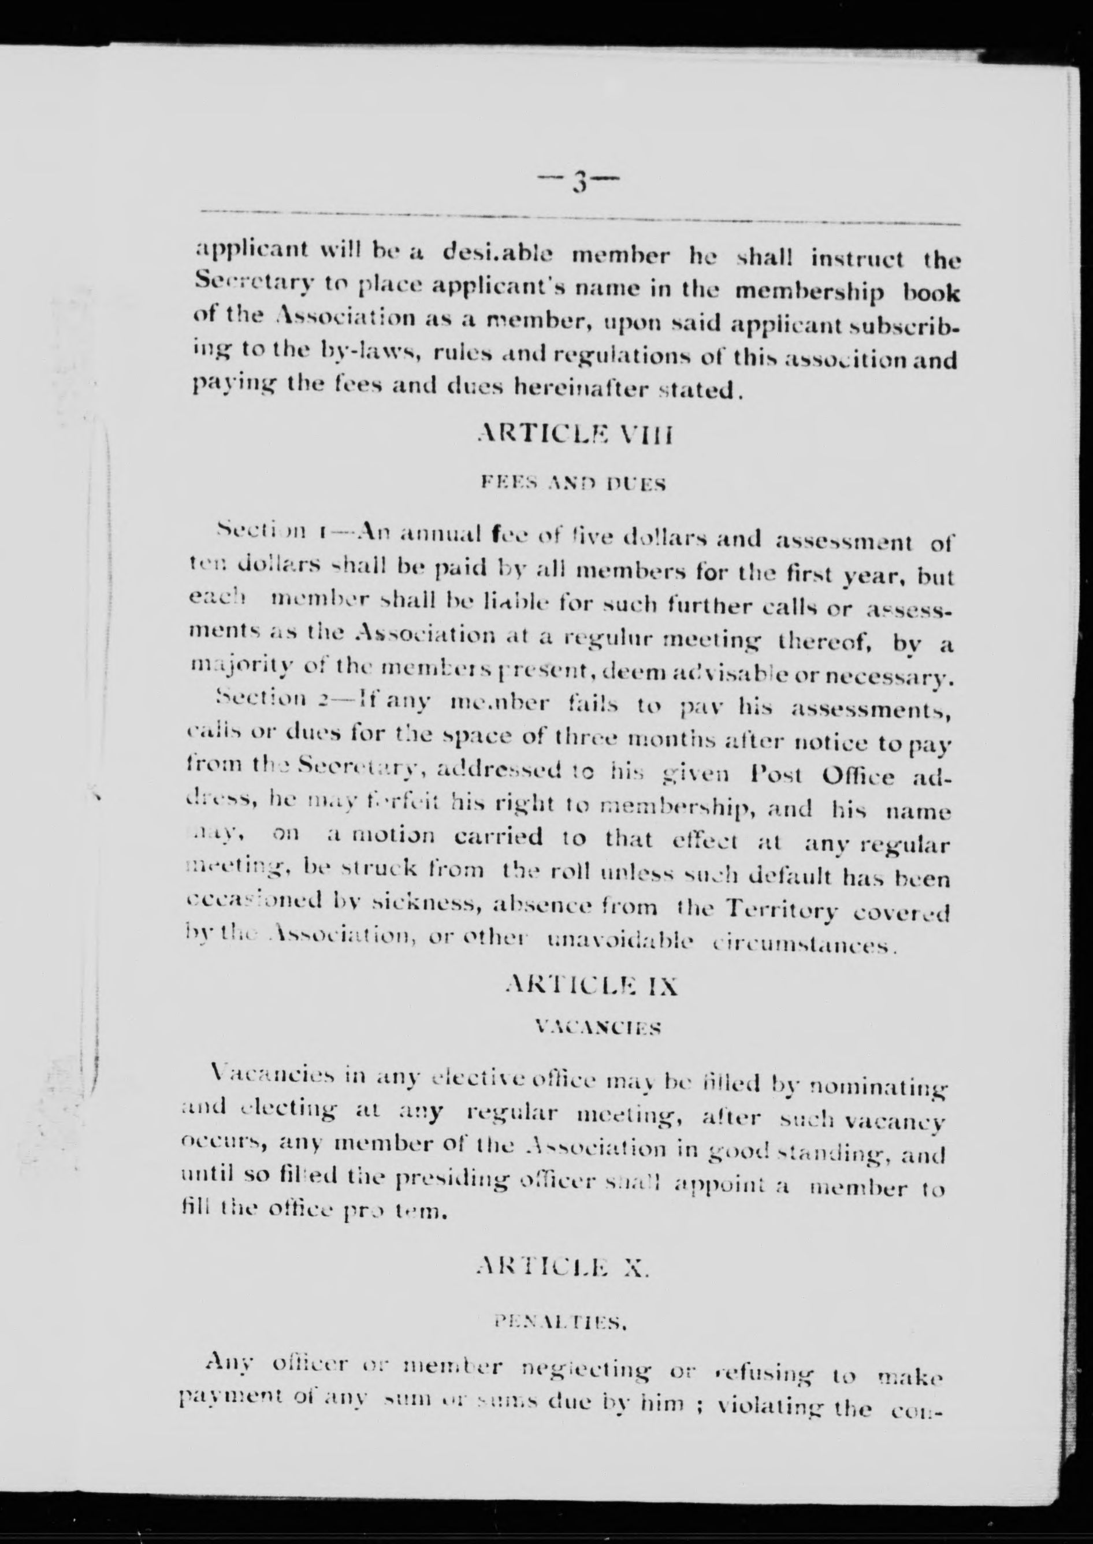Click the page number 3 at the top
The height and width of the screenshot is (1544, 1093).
click(578, 180)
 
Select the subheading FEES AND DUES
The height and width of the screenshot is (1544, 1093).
click(574, 483)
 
